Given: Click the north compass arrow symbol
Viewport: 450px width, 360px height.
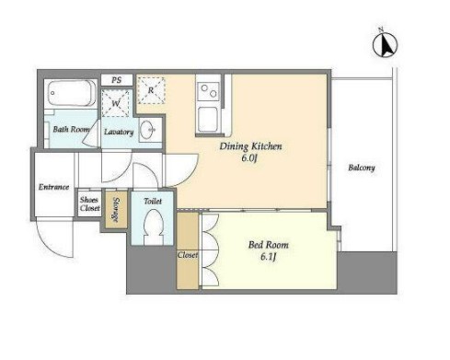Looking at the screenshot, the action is point(385,45).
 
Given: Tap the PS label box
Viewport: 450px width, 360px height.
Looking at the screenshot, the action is point(117,80).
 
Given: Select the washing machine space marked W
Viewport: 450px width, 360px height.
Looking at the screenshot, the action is point(115,103).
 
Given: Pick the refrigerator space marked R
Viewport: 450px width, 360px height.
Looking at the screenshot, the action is point(151,90).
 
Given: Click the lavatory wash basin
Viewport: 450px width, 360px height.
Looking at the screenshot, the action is point(149,130).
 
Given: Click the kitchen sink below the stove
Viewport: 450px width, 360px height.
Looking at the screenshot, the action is point(208,119).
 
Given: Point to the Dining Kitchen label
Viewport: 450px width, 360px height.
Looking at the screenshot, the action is point(250,146).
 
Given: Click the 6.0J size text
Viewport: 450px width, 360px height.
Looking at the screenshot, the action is point(249,158).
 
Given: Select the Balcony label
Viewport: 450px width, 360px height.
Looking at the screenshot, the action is point(362,168).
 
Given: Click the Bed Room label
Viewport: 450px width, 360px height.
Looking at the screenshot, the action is point(268,245).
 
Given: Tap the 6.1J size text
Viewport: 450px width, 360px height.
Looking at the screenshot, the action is point(269,257).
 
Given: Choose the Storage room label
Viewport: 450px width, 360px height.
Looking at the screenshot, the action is point(116,209).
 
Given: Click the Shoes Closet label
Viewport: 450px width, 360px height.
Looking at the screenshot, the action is point(89,203).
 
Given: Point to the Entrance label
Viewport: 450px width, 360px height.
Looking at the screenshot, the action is point(53,187).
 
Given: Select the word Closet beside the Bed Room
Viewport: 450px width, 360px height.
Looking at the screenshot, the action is point(188,255).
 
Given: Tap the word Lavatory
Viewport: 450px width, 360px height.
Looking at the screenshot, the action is point(119,132).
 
